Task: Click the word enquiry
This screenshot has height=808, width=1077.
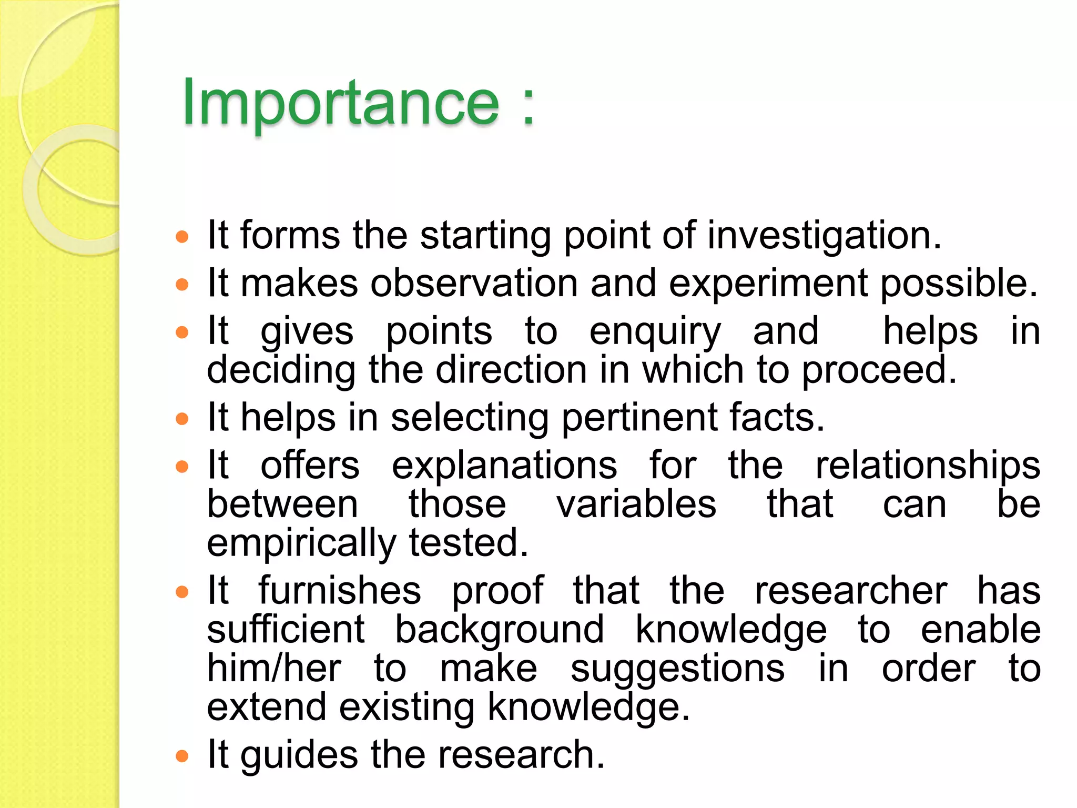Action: (x=655, y=332)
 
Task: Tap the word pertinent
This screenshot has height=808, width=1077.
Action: (x=639, y=418)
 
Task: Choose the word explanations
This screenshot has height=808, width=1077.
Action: (x=504, y=466)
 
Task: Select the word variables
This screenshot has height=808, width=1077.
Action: (x=636, y=504)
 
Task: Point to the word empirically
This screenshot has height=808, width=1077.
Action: (x=301, y=543)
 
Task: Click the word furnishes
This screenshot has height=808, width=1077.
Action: (x=340, y=591)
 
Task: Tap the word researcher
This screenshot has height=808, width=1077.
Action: (x=851, y=591)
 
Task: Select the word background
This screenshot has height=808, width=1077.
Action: (x=499, y=630)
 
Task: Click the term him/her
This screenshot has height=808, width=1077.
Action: (x=274, y=669)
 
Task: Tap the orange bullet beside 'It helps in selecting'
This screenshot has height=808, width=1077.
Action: (x=182, y=419)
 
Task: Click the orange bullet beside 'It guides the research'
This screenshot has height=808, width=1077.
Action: (x=182, y=756)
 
